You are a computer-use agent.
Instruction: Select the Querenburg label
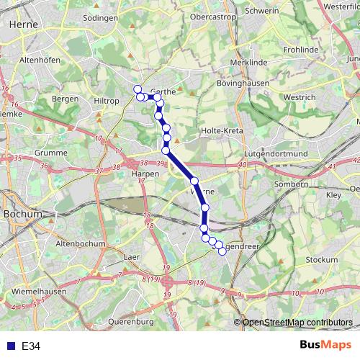(x=131, y=321)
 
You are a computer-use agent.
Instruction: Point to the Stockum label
(x=321, y=259)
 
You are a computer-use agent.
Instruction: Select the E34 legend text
(x=31, y=346)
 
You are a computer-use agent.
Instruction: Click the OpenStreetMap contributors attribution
(x=297, y=323)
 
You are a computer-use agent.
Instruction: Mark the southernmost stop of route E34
(x=222, y=251)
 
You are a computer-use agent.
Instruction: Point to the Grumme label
(x=50, y=153)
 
